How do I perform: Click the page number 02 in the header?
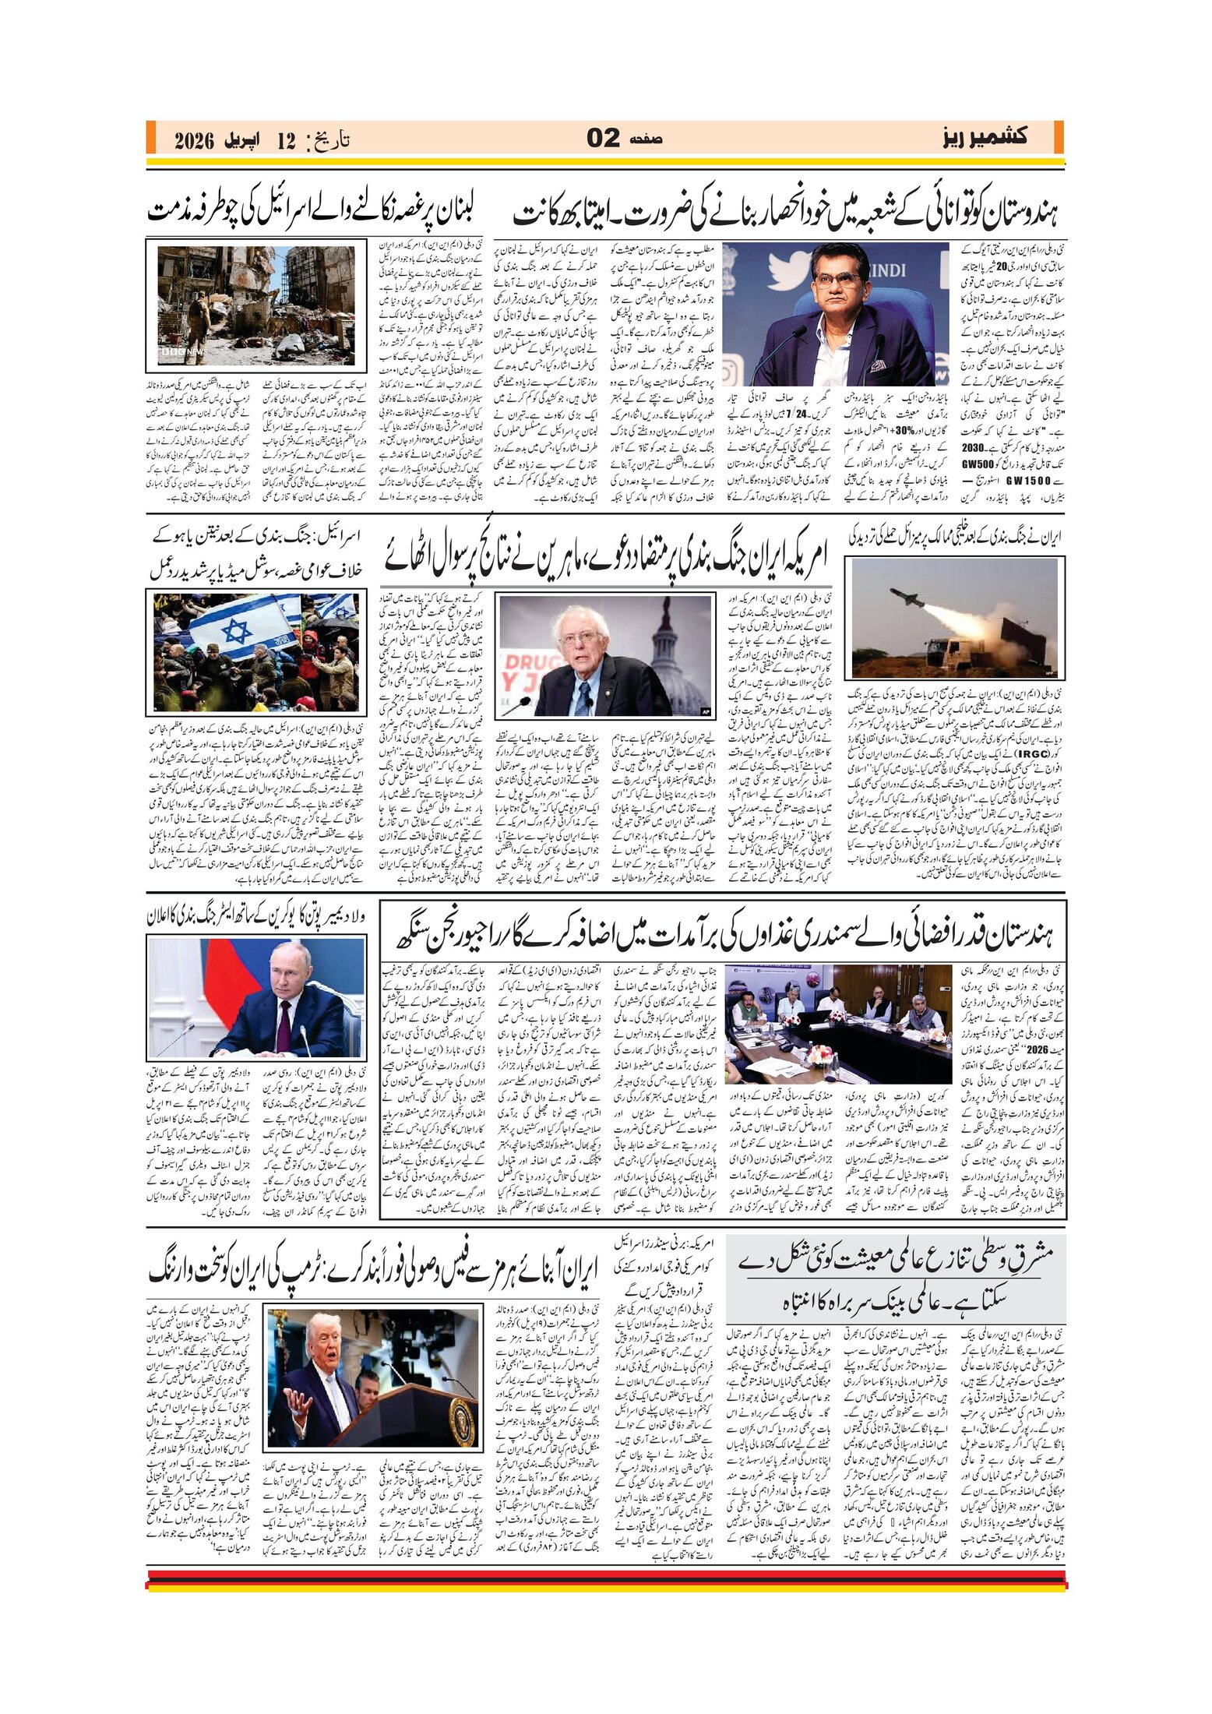click(603, 139)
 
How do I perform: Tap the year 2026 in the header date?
click(194, 141)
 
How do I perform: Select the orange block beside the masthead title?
click(1058, 138)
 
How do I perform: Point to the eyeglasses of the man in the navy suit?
click(833, 280)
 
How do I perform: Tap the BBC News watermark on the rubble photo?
click(174, 351)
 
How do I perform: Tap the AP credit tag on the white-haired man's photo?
click(705, 711)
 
